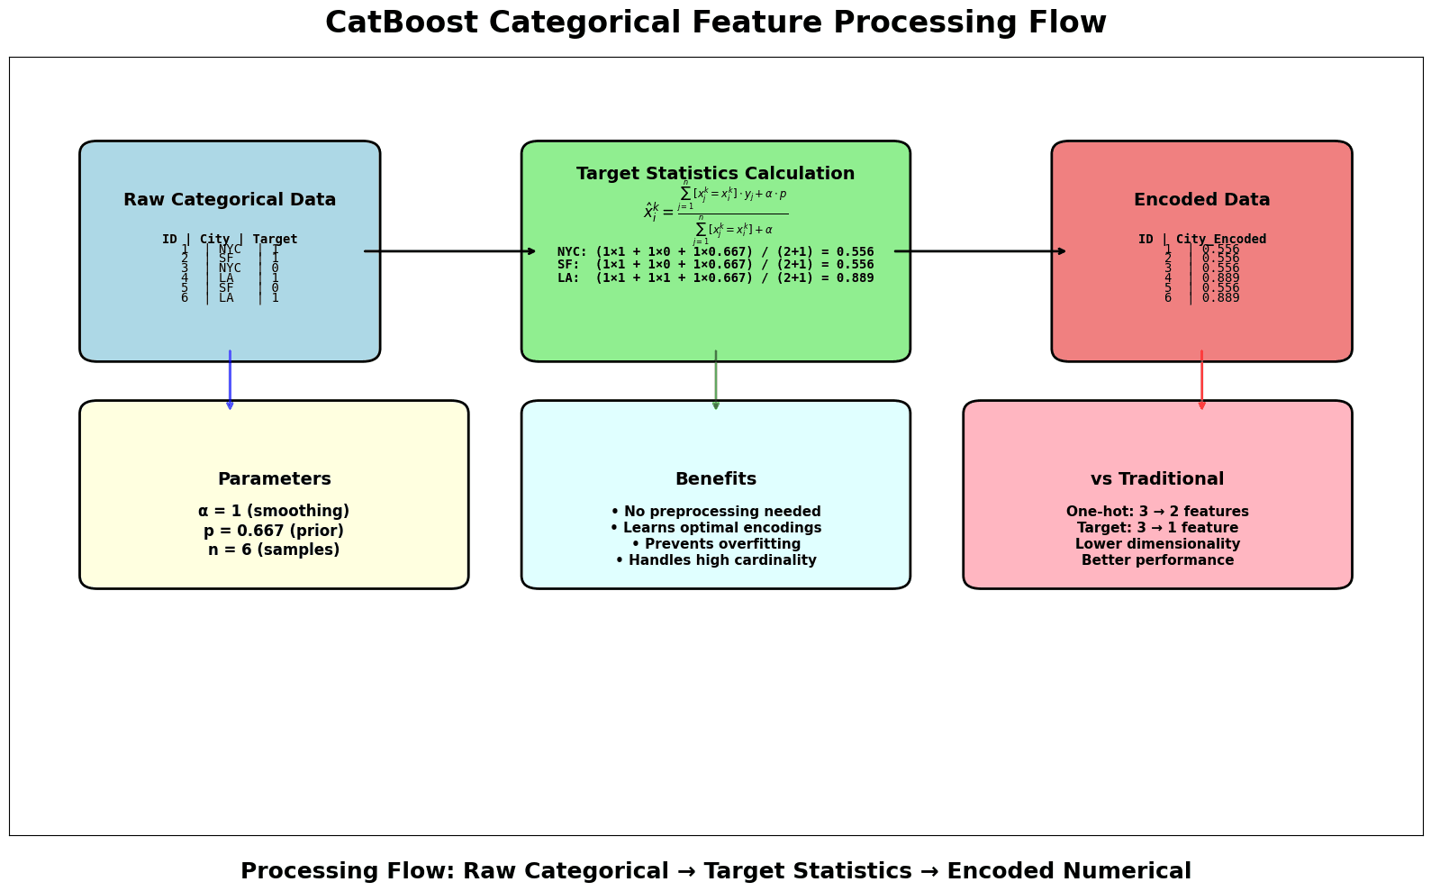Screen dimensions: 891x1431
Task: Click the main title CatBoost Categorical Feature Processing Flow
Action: pyautogui.click(x=715, y=23)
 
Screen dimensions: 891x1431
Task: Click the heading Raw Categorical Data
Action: pyautogui.click(x=230, y=200)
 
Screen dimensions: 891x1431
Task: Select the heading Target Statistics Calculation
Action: pyautogui.click(x=715, y=174)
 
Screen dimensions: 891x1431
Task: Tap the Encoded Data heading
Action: pyautogui.click(x=1201, y=200)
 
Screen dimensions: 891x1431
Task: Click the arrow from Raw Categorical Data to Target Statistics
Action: pyautogui.click(x=450, y=251)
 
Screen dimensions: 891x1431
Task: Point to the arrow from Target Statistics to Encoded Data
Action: pyautogui.click(x=981, y=251)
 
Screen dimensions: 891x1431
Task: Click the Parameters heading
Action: pyautogui.click(x=274, y=479)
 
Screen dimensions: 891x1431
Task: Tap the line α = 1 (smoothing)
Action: pyautogui.click(x=274, y=511)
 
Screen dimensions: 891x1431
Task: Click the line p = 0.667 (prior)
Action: pyautogui.click(x=274, y=531)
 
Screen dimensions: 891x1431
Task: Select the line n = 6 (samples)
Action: pyautogui.click(x=274, y=550)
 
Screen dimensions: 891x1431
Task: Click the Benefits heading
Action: pyautogui.click(x=715, y=479)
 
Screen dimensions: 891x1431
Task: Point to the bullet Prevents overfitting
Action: pyautogui.click(x=715, y=544)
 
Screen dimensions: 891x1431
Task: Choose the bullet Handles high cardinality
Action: pyautogui.click(x=715, y=560)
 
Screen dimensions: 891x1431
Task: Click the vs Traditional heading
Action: pyautogui.click(x=1157, y=479)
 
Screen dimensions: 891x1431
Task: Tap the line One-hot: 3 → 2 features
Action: pyautogui.click(x=1157, y=512)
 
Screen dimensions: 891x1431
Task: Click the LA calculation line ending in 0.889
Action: pyautogui.click(x=715, y=277)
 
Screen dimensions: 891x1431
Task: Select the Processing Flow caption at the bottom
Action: pyautogui.click(x=715, y=871)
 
